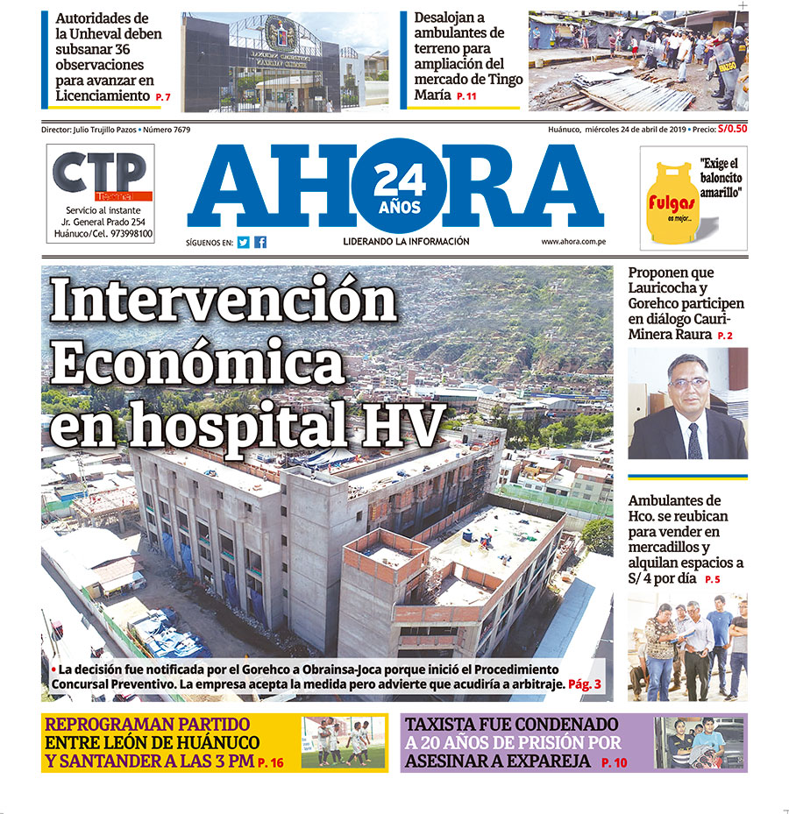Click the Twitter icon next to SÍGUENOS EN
[243, 243]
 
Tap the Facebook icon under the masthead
[260, 243]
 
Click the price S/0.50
[732, 129]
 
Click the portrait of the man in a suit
[687, 404]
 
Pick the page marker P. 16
[271, 764]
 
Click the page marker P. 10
[615, 764]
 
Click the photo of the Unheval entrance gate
[286, 62]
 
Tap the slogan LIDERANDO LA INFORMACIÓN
[406, 242]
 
